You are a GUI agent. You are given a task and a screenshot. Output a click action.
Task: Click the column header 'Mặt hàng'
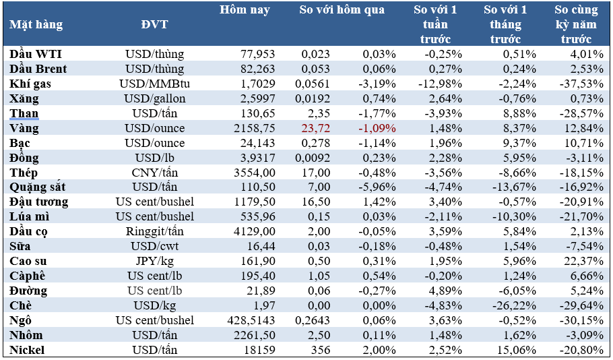36,25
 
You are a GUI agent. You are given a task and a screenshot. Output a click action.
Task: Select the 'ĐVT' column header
154,25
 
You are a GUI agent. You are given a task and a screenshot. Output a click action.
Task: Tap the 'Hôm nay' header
245,10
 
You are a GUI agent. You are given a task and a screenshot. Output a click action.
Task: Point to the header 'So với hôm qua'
342,10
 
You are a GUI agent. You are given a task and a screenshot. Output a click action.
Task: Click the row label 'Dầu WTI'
36,54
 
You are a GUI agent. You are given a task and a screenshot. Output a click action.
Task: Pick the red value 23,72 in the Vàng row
315,128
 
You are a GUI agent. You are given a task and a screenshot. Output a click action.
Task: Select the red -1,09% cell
377,128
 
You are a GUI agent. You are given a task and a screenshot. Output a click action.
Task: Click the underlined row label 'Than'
24,113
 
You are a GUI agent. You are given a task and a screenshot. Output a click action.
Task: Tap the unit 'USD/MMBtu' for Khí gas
155,84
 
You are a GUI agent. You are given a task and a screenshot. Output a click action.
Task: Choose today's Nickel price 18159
259,350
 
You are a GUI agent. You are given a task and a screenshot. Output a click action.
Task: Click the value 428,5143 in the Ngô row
251,320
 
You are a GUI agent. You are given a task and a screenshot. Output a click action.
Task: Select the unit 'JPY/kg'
155,261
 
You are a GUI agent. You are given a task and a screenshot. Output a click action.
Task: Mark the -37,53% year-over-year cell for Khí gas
581,84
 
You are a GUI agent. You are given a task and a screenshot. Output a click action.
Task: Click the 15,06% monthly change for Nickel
517,350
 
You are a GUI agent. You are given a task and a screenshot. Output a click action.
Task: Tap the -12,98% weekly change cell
439,84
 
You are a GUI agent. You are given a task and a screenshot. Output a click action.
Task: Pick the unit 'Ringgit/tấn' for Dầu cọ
155,231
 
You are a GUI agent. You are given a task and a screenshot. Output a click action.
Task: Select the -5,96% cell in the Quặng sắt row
377,187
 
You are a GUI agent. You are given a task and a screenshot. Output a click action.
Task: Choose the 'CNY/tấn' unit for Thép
155,173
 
